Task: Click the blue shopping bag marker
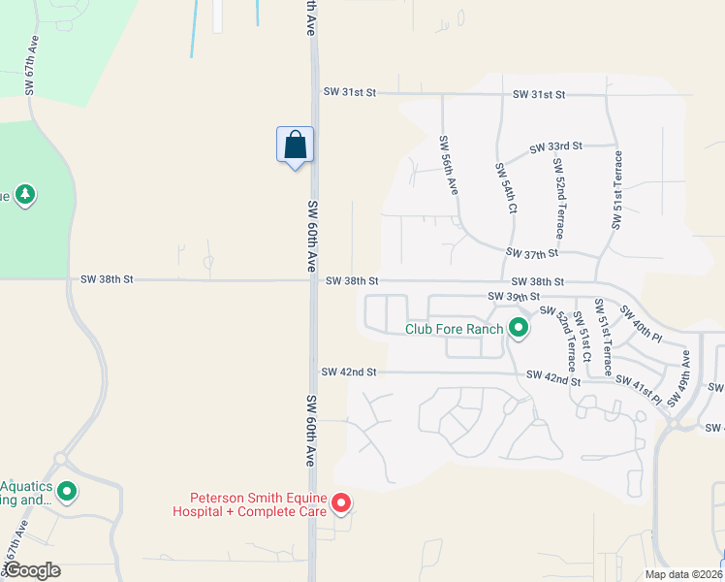(296, 145)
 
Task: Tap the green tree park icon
(25, 195)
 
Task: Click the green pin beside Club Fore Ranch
(518, 329)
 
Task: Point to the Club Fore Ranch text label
(454, 329)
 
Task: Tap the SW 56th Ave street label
(449, 167)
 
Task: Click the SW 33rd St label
(555, 147)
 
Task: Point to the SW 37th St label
(532, 253)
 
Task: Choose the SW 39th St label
(513, 296)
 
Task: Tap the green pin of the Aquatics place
(67, 493)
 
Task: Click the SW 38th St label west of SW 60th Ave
(107, 279)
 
